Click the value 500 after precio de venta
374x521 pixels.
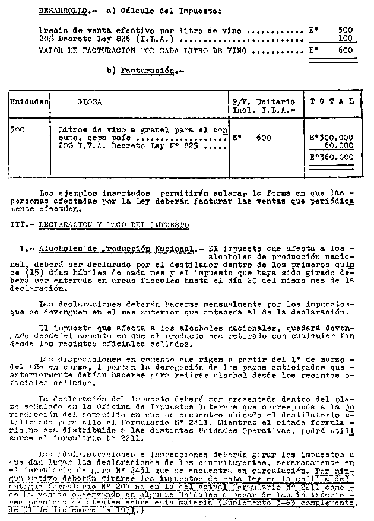point(345,30)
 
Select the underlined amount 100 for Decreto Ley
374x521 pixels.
point(345,39)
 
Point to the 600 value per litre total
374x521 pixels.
point(345,52)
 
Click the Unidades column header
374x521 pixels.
point(28,102)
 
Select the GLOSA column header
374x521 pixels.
point(89,102)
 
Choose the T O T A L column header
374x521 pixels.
point(332,101)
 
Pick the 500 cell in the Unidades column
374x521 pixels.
point(17,129)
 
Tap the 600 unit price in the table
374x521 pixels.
point(264,138)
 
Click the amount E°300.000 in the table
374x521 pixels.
point(331,138)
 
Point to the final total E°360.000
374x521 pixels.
point(331,158)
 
